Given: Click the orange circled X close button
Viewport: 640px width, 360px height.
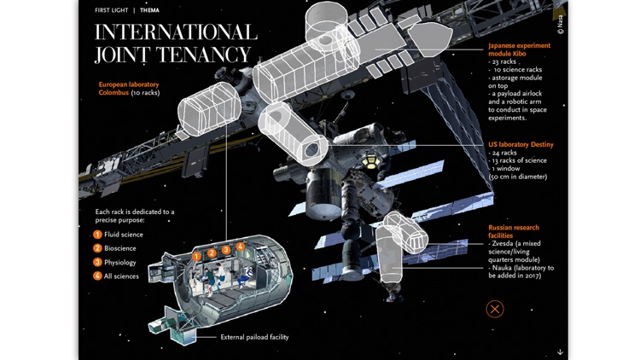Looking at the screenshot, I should coord(495,309).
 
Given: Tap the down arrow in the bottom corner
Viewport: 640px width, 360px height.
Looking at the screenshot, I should coord(560,351).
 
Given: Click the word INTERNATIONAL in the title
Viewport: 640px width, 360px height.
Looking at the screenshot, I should coord(175,33).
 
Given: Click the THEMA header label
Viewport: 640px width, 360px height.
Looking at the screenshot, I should coord(149,10).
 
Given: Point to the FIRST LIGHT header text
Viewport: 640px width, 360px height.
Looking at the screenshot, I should coord(111,10).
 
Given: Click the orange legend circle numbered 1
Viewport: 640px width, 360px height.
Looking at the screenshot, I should coord(97,235).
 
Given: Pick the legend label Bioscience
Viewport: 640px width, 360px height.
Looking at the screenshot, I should coord(120,248).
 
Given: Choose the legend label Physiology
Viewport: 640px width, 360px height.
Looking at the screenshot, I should coord(120,262).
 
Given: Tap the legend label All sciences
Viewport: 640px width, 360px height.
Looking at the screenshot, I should coord(121,276).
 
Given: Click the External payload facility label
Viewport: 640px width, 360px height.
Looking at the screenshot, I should coord(254,338).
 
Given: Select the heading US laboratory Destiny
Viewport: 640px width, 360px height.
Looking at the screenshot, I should coord(521,145).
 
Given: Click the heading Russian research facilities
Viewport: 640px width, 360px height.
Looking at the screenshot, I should coord(514,231).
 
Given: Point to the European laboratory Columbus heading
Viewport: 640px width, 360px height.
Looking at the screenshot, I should coord(128,89).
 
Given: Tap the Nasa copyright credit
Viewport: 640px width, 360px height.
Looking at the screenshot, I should coord(561,25).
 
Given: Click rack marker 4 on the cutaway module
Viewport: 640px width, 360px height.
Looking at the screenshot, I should coord(241,247).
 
